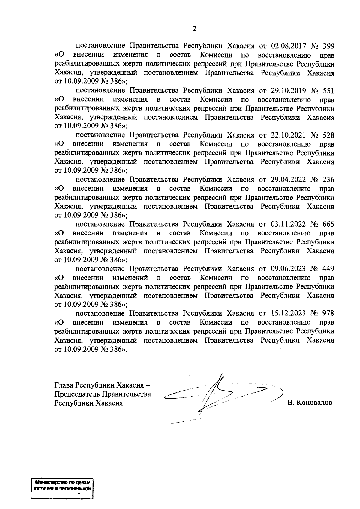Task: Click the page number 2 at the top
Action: click(x=194, y=29)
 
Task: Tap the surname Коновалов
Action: click(x=314, y=403)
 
